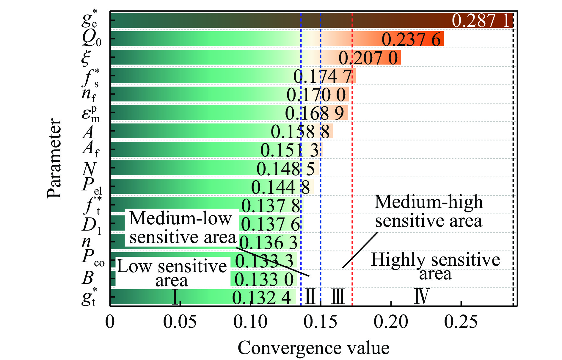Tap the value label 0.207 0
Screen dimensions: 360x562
[x=368, y=58]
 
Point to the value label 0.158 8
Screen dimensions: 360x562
[x=300, y=132]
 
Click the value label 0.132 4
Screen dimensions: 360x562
[x=261, y=298]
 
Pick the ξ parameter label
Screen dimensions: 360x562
[x=86, y=57]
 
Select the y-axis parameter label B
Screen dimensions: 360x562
[x=88, y=278]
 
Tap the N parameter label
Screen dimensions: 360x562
[x=89, y=169]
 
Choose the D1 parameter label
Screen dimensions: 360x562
[x=91, y=225]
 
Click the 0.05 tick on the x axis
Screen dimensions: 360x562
[x=180, y=322]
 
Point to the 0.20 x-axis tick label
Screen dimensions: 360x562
[x=390, y=322]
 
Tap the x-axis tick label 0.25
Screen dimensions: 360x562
[x=461, y=322]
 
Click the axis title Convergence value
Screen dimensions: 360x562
[x=313, y=348]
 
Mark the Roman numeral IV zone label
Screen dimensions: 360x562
[x=422, y=296]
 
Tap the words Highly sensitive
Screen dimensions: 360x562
[x=435, y=259]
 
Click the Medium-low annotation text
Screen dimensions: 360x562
[x=180, y=218]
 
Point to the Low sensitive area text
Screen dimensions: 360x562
[x=172, y=273]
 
